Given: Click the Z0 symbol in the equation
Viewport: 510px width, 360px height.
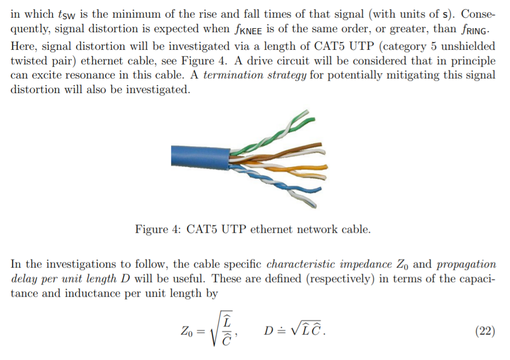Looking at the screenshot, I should (186, 332).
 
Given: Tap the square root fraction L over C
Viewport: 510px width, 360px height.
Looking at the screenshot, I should (222, 331).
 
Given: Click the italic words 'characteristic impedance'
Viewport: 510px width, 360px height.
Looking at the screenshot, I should (328, 264).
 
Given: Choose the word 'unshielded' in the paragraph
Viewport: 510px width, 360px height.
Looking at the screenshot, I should (466, 46).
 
